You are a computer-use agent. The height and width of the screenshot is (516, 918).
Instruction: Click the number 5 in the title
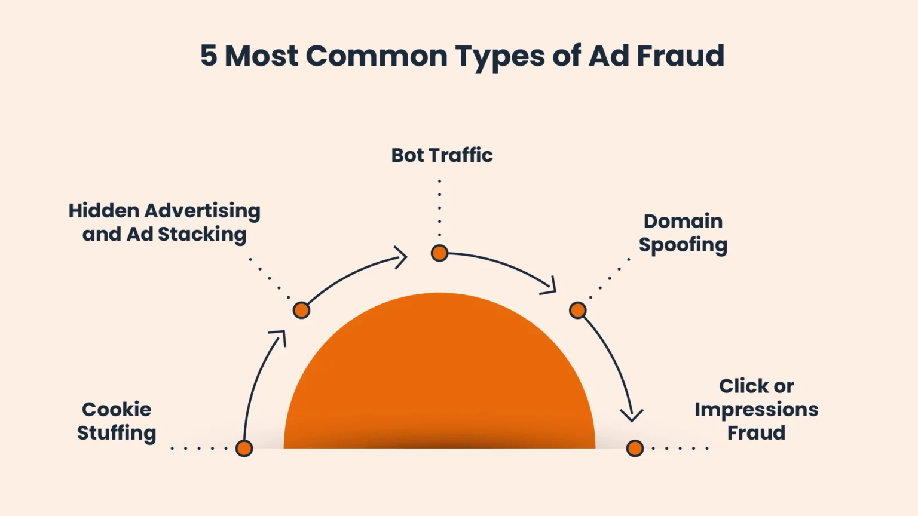click(x=208, y=56)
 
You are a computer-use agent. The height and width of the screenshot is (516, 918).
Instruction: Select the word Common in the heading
click(x=377, y=56)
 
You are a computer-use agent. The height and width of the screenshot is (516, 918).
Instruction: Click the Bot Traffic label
click(x=442, y=155)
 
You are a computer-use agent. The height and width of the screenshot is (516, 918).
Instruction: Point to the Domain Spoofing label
click(x=683, y=233)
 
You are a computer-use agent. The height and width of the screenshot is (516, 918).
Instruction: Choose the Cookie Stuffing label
click(x=117, y=421)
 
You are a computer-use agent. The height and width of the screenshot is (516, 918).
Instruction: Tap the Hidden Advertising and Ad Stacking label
click(x=164, y=222)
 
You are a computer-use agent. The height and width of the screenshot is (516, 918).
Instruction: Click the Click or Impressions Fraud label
click(x=756, y=409)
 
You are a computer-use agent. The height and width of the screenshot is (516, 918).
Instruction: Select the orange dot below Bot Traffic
click(x=439, y=253)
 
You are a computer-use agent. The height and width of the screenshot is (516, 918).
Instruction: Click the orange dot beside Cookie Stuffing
click(x=244, y=448)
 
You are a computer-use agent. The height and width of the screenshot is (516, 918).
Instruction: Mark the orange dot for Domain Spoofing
click(x=577, y=310)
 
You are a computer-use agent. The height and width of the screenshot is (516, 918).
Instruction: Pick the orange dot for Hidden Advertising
click(x=301, y=310)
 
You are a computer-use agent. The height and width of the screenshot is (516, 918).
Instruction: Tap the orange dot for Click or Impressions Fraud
click(x=635, y=448)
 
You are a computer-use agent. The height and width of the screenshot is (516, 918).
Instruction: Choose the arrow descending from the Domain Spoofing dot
click(x=613, y=364)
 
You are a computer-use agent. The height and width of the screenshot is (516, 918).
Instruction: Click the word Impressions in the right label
click(x=756, y=410)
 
